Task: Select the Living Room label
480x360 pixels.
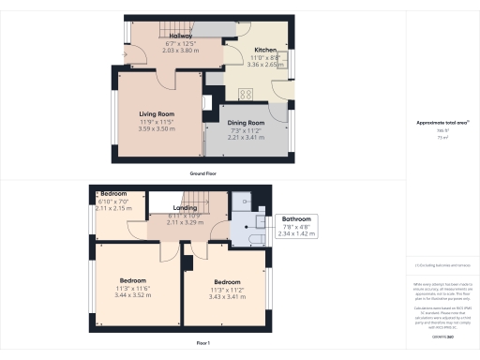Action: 157,114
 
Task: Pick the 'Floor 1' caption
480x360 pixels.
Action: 204,344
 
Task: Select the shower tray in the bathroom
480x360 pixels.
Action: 241,199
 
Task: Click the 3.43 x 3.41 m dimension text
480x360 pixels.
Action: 229,295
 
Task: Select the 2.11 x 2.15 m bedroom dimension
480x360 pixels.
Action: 113,209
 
